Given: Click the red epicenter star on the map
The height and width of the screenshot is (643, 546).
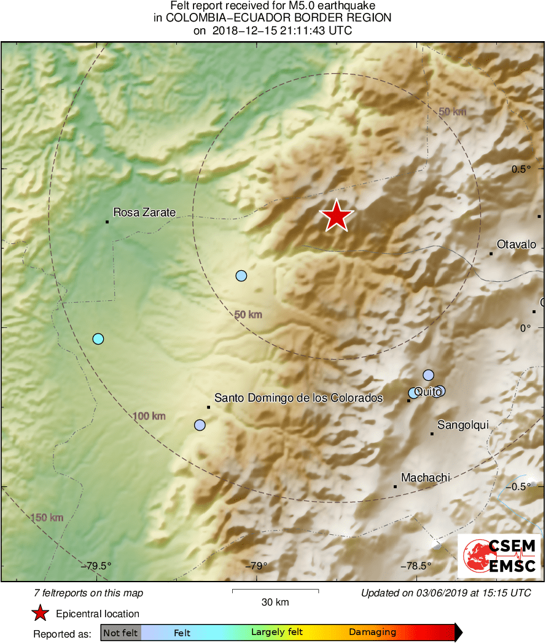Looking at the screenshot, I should click(x=337, y=216).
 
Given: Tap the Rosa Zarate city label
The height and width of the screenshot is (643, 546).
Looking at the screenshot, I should click(x=144, y=213).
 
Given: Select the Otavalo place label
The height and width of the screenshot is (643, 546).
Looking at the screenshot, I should click(x=516, y=244).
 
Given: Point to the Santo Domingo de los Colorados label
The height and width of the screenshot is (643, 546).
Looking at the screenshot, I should click(x=298, y=398).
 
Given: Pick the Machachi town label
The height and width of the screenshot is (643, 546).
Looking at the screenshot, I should click(x=426, y=477).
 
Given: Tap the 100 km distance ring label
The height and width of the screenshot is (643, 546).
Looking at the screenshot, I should click(x=150, y=416).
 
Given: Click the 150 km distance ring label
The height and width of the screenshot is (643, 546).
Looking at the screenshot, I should click(x=47, y=518).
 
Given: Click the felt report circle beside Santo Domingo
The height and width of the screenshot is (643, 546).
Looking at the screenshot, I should click(x=200, y=425).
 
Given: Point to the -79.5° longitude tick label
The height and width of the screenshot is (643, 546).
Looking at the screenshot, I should click(x=99, y=566).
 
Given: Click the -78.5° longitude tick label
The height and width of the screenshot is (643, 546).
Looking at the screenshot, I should click(x=416, y=566).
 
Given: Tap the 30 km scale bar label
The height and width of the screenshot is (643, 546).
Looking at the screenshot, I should click(x=275, y=602).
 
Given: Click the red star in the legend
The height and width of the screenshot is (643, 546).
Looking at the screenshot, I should click(x=40, y=613).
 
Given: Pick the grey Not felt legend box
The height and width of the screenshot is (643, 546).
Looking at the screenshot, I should click(x=120, y=633).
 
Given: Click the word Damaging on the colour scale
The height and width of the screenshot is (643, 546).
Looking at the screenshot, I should click(x=372, y=633).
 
